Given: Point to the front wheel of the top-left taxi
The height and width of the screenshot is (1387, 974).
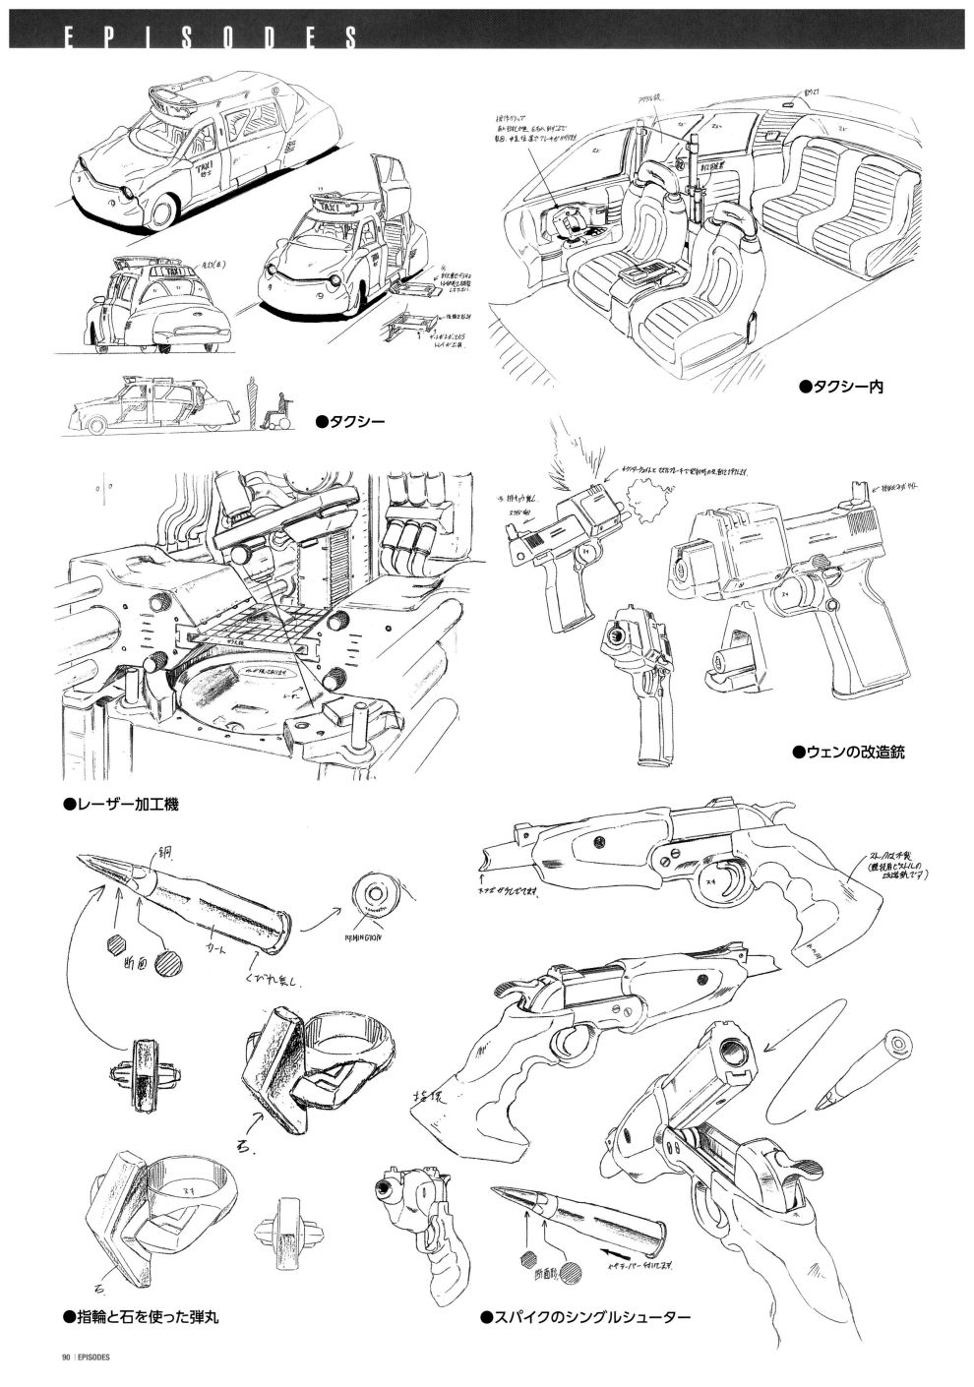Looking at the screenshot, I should pyautogui.click(x=165, y=210).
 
